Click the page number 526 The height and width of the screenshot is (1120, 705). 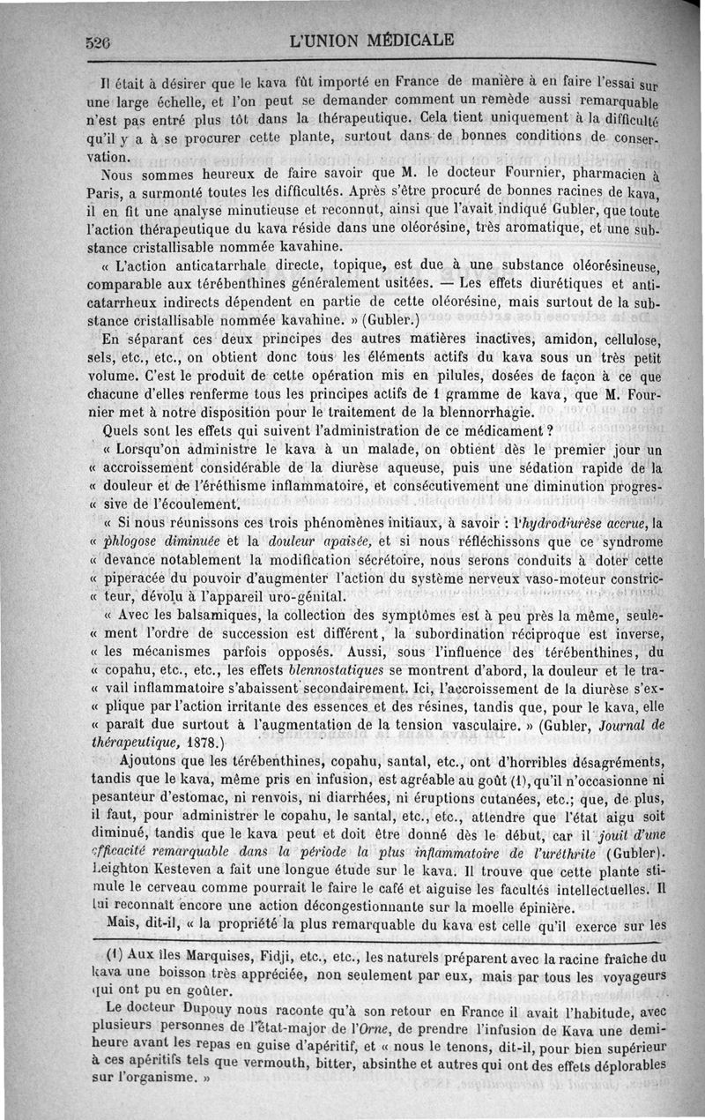pyautogui.click(x=103, y=41)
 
